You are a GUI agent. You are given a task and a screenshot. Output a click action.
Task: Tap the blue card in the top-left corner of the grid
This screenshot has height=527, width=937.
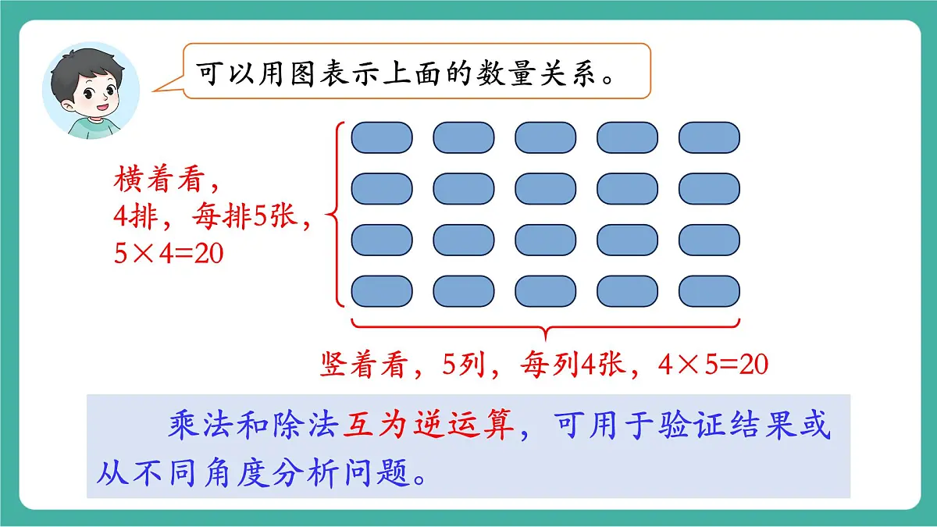(x=381, y=137)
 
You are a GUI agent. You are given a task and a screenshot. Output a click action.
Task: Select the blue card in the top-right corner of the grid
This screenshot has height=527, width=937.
(x=709, y=137)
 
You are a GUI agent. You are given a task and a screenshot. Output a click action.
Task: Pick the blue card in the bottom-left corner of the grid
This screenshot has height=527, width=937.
(x=381, y=291)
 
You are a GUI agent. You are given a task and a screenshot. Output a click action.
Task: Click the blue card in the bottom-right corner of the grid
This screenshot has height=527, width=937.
(x=709, y=291)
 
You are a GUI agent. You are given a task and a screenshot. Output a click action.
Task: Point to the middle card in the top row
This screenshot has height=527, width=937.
(x=545, y=137)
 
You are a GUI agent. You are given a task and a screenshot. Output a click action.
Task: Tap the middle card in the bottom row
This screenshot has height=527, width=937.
(x=545, y=291)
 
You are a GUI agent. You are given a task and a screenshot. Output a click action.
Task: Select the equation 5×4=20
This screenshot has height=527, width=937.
(x=169, y=254)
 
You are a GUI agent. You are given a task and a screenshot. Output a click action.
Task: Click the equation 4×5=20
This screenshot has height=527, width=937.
(x=712, y=365)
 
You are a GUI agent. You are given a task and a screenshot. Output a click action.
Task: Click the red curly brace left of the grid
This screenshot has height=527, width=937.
(x=337, y=215)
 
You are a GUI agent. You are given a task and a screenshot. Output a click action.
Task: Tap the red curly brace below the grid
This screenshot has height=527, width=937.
(x=545, y=328)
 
